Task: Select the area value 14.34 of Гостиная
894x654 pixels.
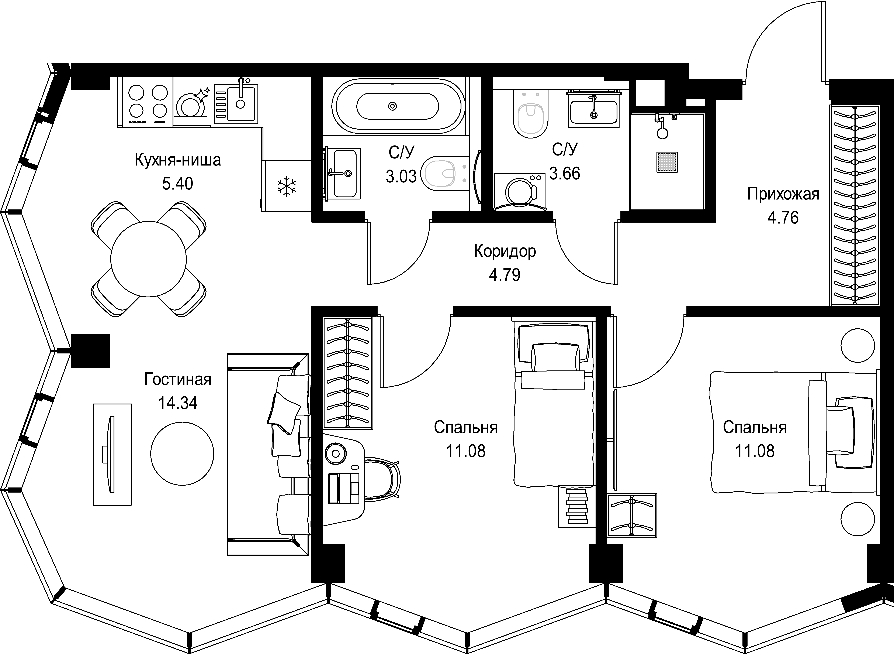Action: click(x=178, y=403)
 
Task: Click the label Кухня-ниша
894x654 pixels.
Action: click(x=178, y=160)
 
